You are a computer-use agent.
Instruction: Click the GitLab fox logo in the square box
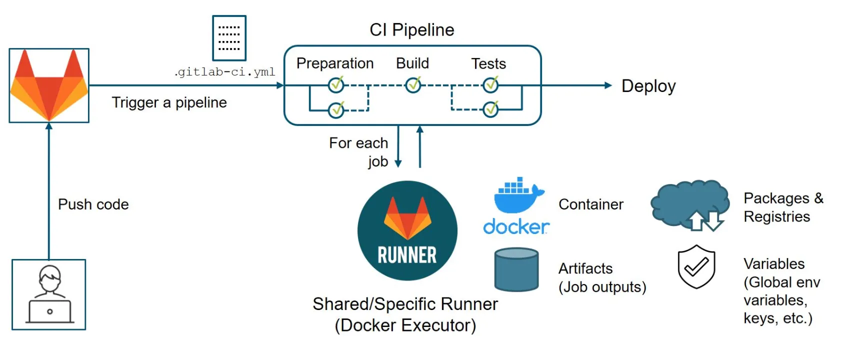coord(49,85)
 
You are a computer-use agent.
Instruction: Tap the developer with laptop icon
coord(49,294)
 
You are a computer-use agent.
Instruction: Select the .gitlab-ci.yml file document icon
coord(229,38)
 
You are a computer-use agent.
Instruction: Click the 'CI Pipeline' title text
coord(411,30)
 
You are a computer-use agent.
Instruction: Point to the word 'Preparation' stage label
coord(335,63)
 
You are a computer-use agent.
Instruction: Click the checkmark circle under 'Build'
coord(413,85)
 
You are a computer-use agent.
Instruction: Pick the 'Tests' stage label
coord(488,64)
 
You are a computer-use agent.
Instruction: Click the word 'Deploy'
coord(648,86)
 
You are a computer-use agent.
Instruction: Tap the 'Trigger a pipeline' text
coord(169,102)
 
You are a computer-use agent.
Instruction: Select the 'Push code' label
coord(93,204)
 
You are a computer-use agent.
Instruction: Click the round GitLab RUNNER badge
coord(407,230)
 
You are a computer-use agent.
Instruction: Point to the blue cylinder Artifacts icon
coord(516,269)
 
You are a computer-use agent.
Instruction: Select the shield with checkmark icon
coord(696,266)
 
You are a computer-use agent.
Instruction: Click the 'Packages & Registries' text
coord(783,207)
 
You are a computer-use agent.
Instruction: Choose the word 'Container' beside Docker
coord(590,204)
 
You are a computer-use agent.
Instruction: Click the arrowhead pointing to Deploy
coord(607,85)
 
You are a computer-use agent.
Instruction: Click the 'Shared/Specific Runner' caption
coord(405,304)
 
